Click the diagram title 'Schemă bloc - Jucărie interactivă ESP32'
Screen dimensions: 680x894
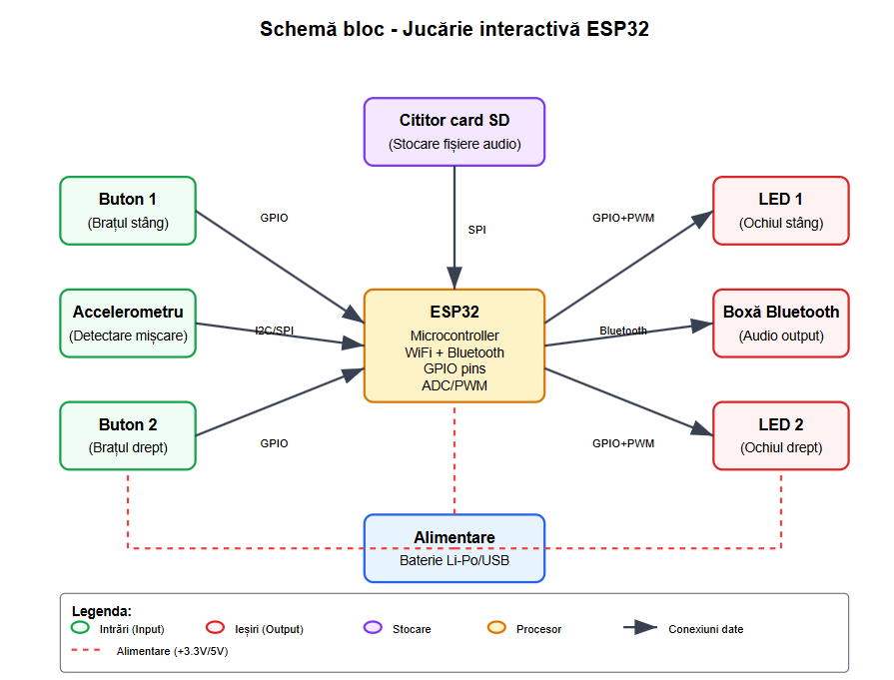pos(454,29)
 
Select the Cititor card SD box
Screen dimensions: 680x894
pos(454,131)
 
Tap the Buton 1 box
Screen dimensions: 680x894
pos(128,211)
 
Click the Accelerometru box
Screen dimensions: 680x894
pos(128,324)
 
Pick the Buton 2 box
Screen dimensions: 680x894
pos(128,435)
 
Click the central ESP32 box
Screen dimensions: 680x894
pos(454,345)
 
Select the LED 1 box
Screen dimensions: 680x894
pos(781,211)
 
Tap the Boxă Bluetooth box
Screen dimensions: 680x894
pos(781,324)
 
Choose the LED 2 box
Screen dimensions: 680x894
pos(781,435)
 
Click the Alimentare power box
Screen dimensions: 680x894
pos(454,548)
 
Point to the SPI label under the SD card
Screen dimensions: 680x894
pos(477,230)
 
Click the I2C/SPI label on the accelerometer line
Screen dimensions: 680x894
pos(274,331)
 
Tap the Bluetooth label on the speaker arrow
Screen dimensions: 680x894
pos(622,331)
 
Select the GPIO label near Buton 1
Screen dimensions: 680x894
pos(274,218)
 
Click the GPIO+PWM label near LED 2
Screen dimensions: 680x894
pos(622,443)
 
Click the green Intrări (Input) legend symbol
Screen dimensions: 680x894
pos(81,628)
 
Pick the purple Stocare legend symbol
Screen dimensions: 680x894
pos(374,628)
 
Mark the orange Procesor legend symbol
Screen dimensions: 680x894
pos(496,628)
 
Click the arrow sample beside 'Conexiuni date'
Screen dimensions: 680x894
pos(640,628)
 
